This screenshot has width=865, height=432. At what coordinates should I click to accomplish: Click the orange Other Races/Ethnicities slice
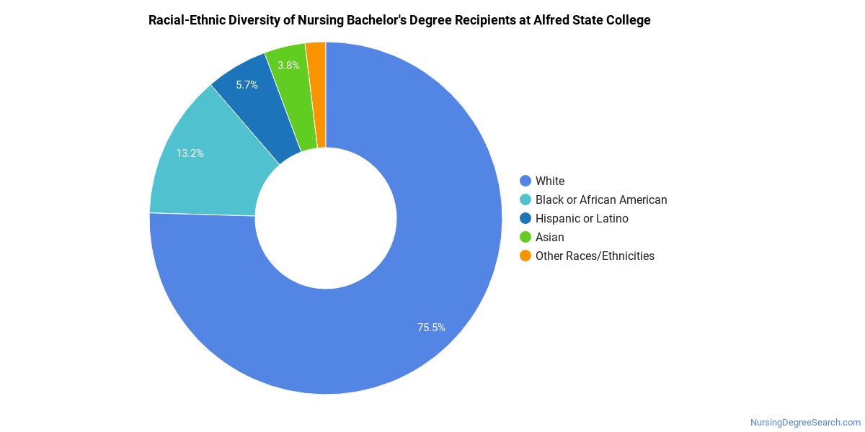(316, 94)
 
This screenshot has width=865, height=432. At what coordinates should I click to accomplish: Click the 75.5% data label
(431, 328)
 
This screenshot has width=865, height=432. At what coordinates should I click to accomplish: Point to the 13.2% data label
(190, 153)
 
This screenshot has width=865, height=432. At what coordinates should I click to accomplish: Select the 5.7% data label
(247, 85)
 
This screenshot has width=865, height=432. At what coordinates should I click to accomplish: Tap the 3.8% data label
(288, 66)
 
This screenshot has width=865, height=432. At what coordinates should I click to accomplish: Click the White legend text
(550, 181)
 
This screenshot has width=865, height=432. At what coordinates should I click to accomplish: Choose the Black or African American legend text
(601, 199)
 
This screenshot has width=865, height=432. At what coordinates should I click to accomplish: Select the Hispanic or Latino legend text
(582, 218)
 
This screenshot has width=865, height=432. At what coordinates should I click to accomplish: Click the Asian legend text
(550, 237)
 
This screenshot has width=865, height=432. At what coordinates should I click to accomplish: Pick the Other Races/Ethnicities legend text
(595, 256)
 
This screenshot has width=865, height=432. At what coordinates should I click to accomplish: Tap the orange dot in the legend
(525, 256)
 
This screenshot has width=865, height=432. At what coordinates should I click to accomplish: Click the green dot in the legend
(525, 237)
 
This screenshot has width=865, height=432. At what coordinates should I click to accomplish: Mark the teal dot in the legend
(525, 199)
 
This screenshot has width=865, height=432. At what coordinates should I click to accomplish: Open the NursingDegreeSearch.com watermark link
(805, 423)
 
